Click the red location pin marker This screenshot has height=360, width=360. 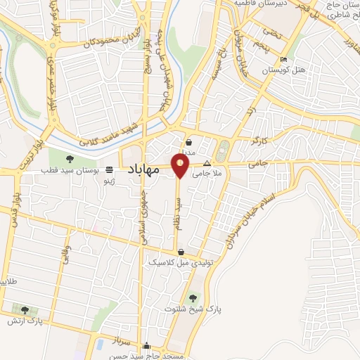pos(181,165)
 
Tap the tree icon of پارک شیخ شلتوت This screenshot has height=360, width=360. pos(193,298)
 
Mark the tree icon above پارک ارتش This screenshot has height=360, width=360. pos(25,309)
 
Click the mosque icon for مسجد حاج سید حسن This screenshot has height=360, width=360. pos(146,346)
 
